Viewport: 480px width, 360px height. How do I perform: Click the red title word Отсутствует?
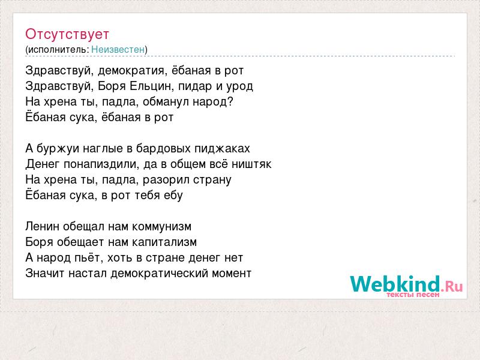(67, 34)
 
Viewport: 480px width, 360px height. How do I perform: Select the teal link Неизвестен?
(118, 49)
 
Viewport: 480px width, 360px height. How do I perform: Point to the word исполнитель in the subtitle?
(58, 50)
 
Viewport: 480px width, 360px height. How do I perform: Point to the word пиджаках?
(222, 149)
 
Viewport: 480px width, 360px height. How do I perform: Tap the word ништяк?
(251, 164)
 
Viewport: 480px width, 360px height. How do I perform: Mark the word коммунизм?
(161, 227)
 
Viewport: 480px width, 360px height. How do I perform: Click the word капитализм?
(164, 242)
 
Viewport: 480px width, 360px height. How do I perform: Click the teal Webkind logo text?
(395, 284)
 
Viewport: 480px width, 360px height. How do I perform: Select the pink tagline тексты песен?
(413, 295)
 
